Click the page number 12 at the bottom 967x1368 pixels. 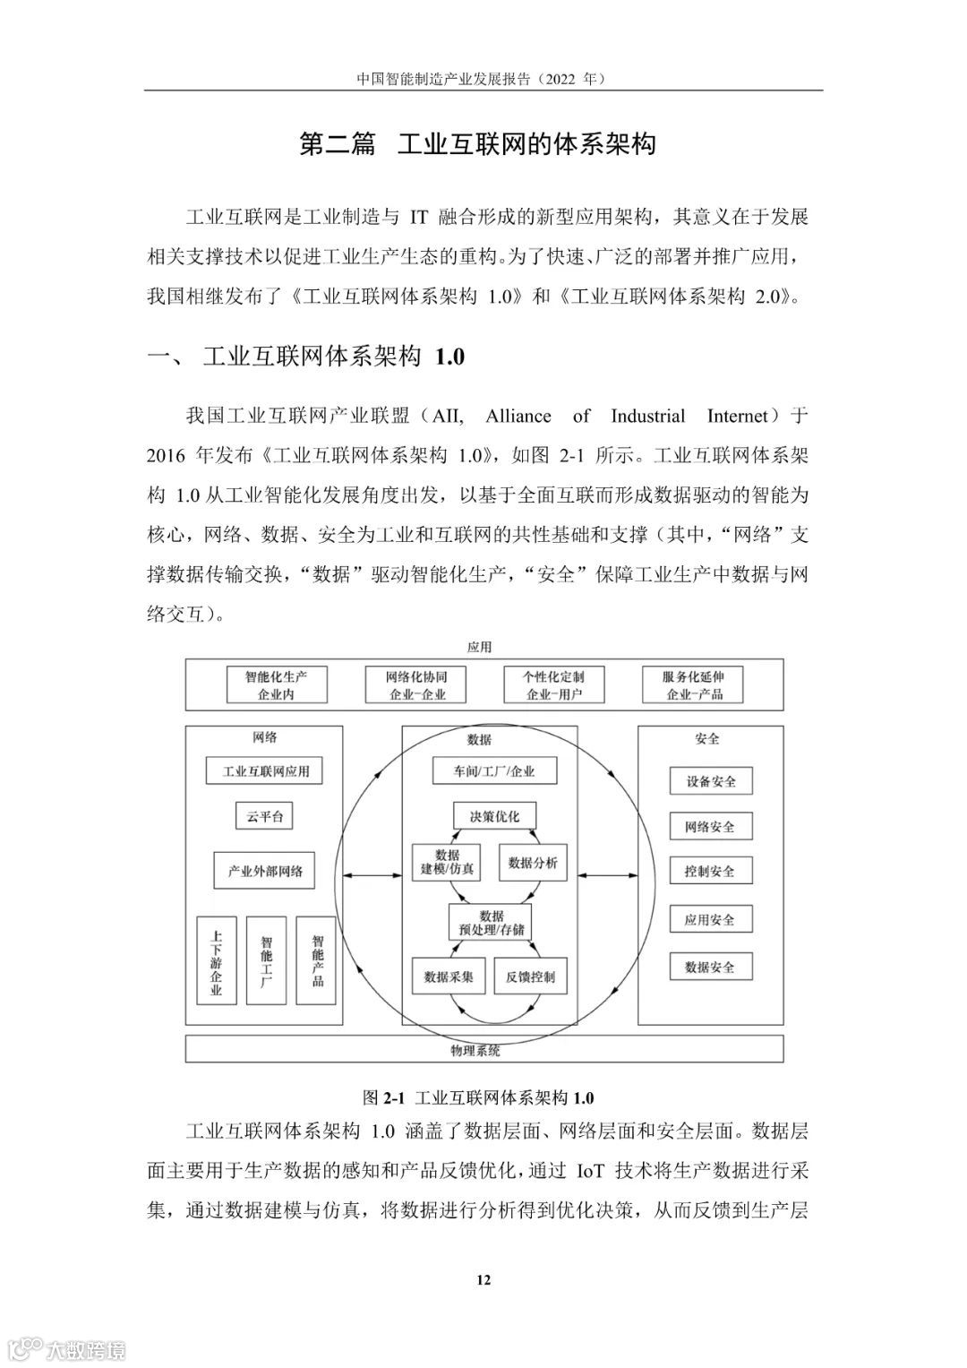pyautogui.click(x=483, y=1279)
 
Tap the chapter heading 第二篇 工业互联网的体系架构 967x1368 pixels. pyautogui.click(x=477, y=144)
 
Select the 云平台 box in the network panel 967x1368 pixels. pyautogui.click(x=264, y=816)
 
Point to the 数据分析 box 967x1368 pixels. pyautogui.click(x=532, y=863)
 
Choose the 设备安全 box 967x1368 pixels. pyautogui.click(x=711, y=781)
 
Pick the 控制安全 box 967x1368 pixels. pyautogui.click(x=710, y=871)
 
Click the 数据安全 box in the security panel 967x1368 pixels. pyautogui.click(x=710, y=968)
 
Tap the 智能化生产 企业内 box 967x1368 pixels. pyautogui.click(x=276, y=685)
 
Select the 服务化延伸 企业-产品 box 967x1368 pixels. pyautogui.click(x=693, y=685)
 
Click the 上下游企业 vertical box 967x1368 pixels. pyautogui.click(x=216, y=960)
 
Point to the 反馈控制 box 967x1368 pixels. pyautogui.click(x=530, y=977)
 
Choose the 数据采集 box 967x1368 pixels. pyautogui.click(x=449, y=977)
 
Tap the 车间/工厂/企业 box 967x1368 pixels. pyautogui.click(x=494, y=770)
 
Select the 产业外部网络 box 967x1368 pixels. pyautogui.click(x=265, y=871)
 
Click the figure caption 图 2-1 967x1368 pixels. pyautogui.click(x=478, y=1097)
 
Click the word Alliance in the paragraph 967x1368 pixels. pyautogui.click(x=518, y=417)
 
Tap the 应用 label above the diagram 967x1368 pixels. pyautogui.click(x=480, y=647)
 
